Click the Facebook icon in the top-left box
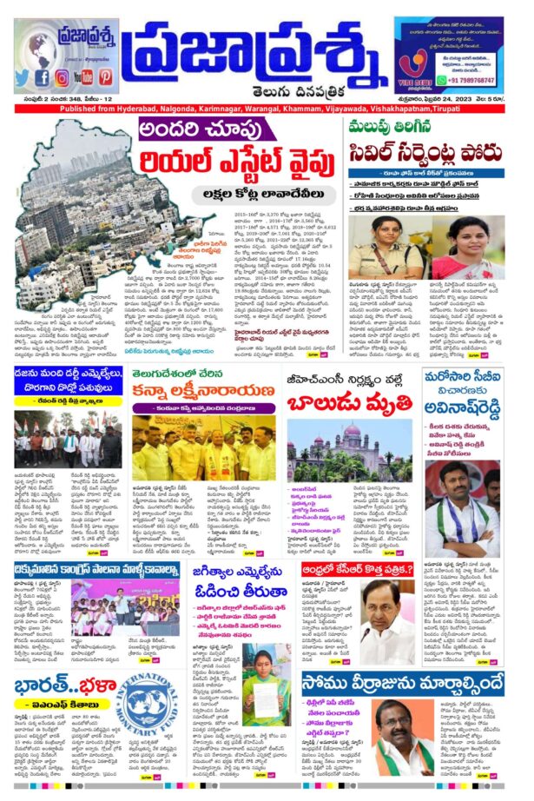pos(42,77)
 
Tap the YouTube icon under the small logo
pos(84,77)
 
